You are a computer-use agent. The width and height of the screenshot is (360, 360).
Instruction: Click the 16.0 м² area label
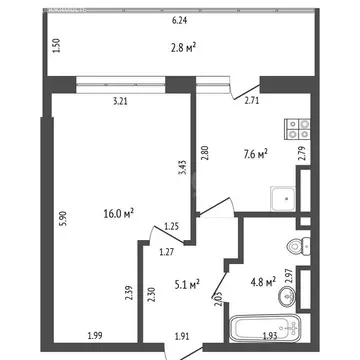pyautogui.click(x=119, y=213)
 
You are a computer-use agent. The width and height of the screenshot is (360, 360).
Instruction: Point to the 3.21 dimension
pyautogui.click(x=122, y=101)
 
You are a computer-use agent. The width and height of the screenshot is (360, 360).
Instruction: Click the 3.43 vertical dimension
pyautogui.click(x=181, y=165)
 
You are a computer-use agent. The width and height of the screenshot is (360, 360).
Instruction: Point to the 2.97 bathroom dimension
pyautogui.click(x=289, y=271)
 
